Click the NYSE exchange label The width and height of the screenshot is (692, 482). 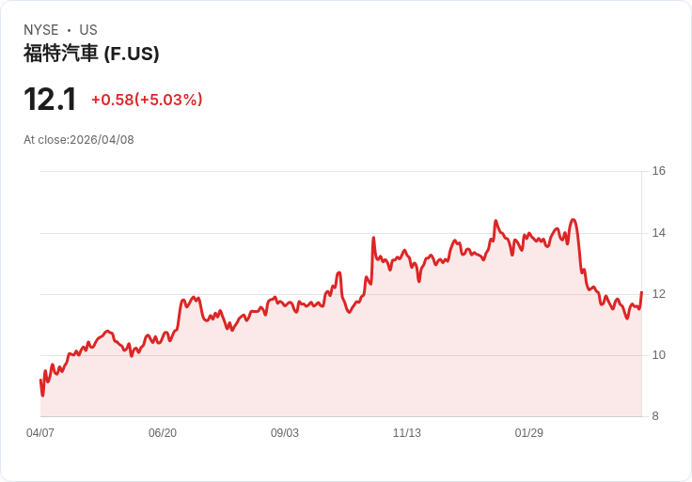coord(41,30)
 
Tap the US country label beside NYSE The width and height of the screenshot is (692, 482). coord(88,30)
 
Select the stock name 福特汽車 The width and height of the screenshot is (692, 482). coord(60,54)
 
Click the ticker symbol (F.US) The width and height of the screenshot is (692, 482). coord(132,54)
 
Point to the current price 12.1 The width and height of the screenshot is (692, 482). coord(50,100)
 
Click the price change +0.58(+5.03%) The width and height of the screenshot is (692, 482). coord(147,100)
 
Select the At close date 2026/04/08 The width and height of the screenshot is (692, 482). coord(102,140)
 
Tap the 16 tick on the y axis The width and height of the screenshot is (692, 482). coord(658,171)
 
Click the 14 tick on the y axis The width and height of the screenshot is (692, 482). coord(658,233)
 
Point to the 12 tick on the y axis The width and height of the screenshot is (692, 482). coord(658,294)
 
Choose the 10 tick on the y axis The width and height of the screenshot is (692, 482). coord(658,355)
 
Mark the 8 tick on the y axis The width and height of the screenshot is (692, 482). coord(655,416)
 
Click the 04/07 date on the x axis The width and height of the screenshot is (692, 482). coord(40,432)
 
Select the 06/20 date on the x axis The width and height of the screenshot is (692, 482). coord(163,432)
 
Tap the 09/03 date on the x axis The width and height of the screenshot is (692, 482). coord(285,432)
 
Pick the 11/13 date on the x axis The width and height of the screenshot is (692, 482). coord(407,432)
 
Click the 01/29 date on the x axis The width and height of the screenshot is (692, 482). coord(529,432)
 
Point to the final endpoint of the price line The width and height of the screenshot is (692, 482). coord(641,292)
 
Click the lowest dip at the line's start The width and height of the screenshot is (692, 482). coord(43,396)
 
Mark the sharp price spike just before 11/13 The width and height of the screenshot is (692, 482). coord(373,238)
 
